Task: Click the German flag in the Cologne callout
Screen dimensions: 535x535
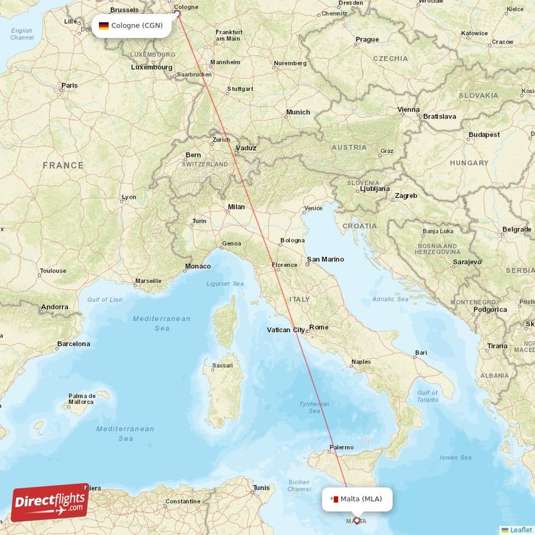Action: (x=104, y=26)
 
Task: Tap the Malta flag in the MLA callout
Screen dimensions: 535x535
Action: (x=333, y=498)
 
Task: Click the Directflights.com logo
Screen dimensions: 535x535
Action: (x=50, y=502)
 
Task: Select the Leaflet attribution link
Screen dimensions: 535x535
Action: (x=516, y=530)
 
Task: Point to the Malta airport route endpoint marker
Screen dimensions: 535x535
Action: (x=356, y=520)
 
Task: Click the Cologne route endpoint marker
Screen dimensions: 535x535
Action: (x=178, y=12)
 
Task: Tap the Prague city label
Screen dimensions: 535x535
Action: (x=367, y=39)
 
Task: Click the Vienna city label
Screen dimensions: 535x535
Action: (x=409, y=110)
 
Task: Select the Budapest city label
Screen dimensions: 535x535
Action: (x=484, y=134)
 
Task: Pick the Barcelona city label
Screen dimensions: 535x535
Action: (x=73, y=344)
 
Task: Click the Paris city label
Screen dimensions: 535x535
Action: (x=70, y=86)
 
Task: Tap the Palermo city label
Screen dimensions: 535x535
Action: (x=341, y=448)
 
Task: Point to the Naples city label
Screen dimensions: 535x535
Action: (x=360, y=362)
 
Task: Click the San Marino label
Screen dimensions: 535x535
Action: (x=325, y=259)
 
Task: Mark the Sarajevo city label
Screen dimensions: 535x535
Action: (x=466, y=262)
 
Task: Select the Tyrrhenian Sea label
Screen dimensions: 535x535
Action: (x=314, y=407)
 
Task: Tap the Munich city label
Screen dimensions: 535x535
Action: (x=298, y=112)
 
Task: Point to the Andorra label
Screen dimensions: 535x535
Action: (x=54, y=308)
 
